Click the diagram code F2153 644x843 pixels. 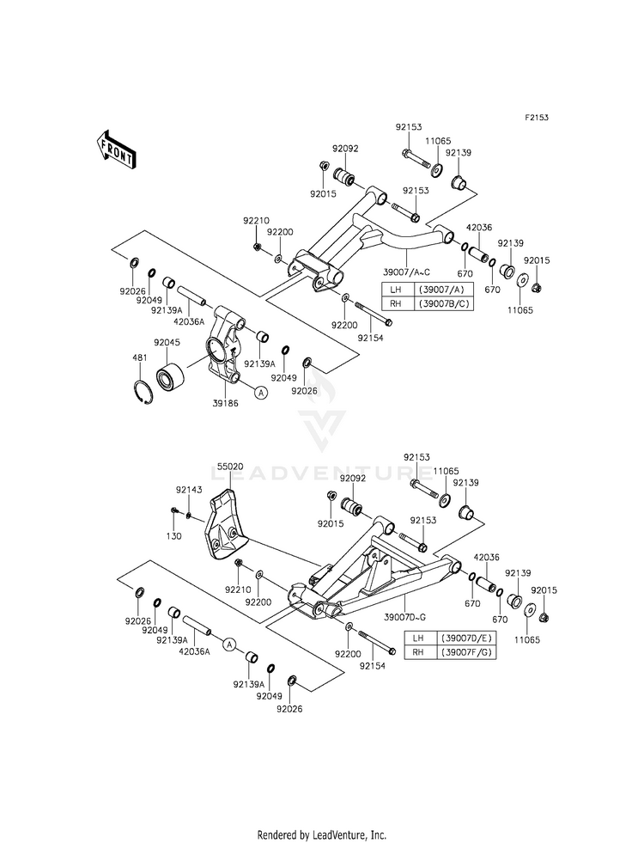537,117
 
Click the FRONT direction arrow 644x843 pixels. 114,149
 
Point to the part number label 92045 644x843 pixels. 167,343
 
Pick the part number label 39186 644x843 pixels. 226,403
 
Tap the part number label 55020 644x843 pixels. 230,467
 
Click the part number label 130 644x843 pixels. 174,536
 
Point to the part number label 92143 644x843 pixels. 189,490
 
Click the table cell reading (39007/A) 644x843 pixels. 441,290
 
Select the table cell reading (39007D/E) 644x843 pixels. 465,638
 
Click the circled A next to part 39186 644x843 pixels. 260,393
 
